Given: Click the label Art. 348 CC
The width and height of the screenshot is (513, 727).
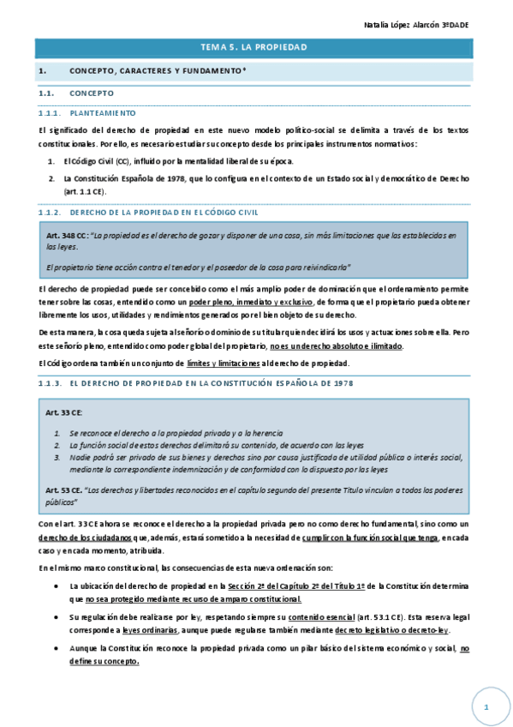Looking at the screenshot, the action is pyautogui.click(x=68, y=234).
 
